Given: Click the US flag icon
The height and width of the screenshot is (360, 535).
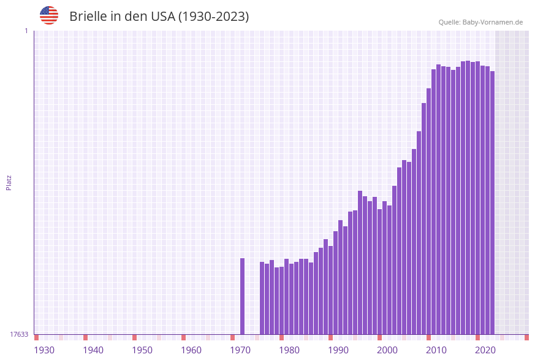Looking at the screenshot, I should (x=49, y=15).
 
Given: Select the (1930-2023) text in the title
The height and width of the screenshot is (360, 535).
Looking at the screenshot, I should (x=213, y=17).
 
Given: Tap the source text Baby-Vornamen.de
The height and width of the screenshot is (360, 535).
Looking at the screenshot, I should (x=492, y=22).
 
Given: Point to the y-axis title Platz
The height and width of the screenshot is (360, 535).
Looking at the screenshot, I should (x=9, y=182).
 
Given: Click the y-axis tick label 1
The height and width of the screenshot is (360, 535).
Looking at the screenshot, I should (x=26, y=31).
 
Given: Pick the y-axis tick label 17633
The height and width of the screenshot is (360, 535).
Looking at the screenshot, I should (x=19, y=334).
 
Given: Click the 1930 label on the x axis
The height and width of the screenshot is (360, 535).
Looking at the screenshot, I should (x=44, y=350).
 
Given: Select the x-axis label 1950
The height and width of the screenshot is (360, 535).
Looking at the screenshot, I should (x=142, y=350).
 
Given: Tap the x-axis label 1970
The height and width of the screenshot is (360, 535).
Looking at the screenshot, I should (x=240, y=350).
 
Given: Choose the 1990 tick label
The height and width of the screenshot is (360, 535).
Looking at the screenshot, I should (x=338, y=350).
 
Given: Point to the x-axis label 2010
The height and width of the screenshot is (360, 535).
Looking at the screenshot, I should (x=436, y=350).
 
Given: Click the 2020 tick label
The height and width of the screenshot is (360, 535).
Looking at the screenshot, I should (x=485, y=350).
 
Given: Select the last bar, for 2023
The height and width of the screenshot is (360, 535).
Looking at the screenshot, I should (x=492, y=202).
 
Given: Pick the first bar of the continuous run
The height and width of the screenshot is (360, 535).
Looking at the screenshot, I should (x=262, y=298).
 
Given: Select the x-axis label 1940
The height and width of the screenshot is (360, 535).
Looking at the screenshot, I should (x=93, y=350).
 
